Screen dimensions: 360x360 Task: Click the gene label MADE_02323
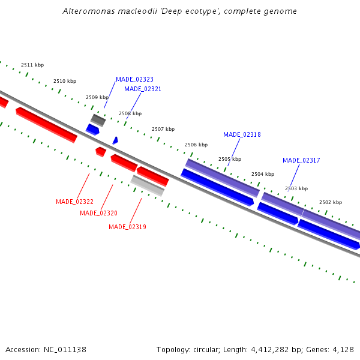point(134,79)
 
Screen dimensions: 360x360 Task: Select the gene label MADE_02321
point(143,89)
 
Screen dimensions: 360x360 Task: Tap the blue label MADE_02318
point(242,134)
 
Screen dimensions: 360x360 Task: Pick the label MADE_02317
point(301,160)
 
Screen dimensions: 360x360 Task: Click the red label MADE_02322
point(74,202)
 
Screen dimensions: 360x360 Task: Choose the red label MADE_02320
point(98,213)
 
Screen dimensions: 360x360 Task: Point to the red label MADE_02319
point(127,227)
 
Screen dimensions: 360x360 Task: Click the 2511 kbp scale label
point(32,65)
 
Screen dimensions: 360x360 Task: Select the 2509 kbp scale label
point(97,97)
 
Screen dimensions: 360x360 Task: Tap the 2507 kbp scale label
point(163,129)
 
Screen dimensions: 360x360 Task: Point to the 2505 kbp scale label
point(230,159)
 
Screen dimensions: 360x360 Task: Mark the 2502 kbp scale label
point(331,202)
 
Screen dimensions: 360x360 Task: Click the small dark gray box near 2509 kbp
point(98,120)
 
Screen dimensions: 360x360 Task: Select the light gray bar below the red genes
point(148,185)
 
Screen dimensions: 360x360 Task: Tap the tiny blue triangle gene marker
point(115,140)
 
